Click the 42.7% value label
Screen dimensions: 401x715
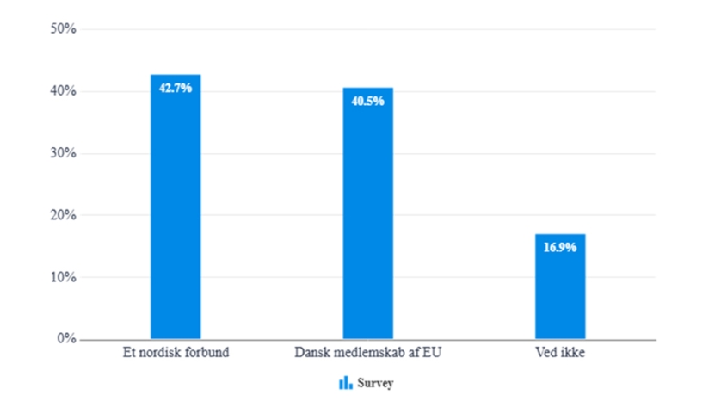pos(176,87)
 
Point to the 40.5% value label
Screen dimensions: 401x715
pos(367,101)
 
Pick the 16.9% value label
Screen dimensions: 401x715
pos(559,247)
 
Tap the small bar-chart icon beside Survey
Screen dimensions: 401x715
pos(346,382)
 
